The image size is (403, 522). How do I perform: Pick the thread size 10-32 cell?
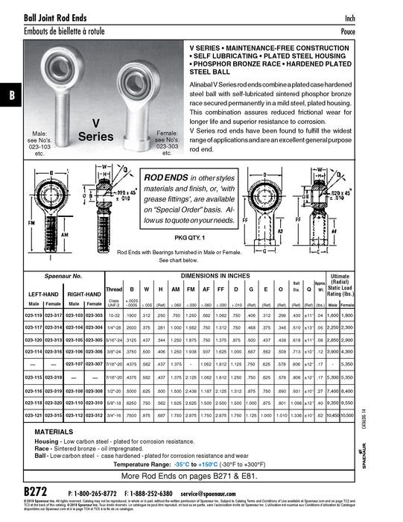(x=114, y=315)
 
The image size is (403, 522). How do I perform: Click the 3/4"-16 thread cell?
(x=114, y=415)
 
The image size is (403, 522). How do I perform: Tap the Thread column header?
(x=114, y=288)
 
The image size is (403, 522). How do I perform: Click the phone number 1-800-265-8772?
(x=96, y=494)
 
